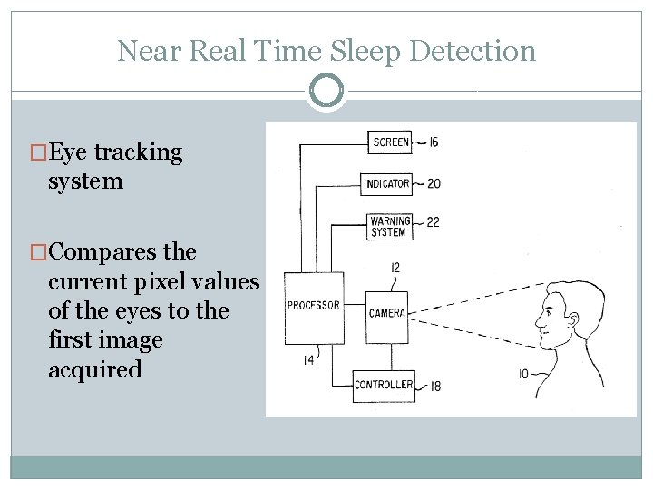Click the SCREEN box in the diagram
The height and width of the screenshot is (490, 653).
pyautogui.click(x=390, y=142)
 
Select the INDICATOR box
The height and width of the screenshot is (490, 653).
pyautogui.click(x=387, y=183)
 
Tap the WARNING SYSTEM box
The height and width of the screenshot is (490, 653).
pyautogui.click(x=390, y=226)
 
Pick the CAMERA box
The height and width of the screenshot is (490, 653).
pyautogui.click(x=387, y=313)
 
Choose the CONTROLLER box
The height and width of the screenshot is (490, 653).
pyautogui.click(x=384, y=385)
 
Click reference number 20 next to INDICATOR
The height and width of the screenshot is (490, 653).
pyautogui.click(x=434, y=183)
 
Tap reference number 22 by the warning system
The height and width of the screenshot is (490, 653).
pyautogui.click(x=433, y=221)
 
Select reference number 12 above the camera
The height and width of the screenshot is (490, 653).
pyautogui.click(x=395, y=268)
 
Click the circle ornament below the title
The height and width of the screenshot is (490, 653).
pyautogui.click(x=326, y=91)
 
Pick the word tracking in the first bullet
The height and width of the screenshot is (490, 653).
pyautogui.click(x=139, y=152)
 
